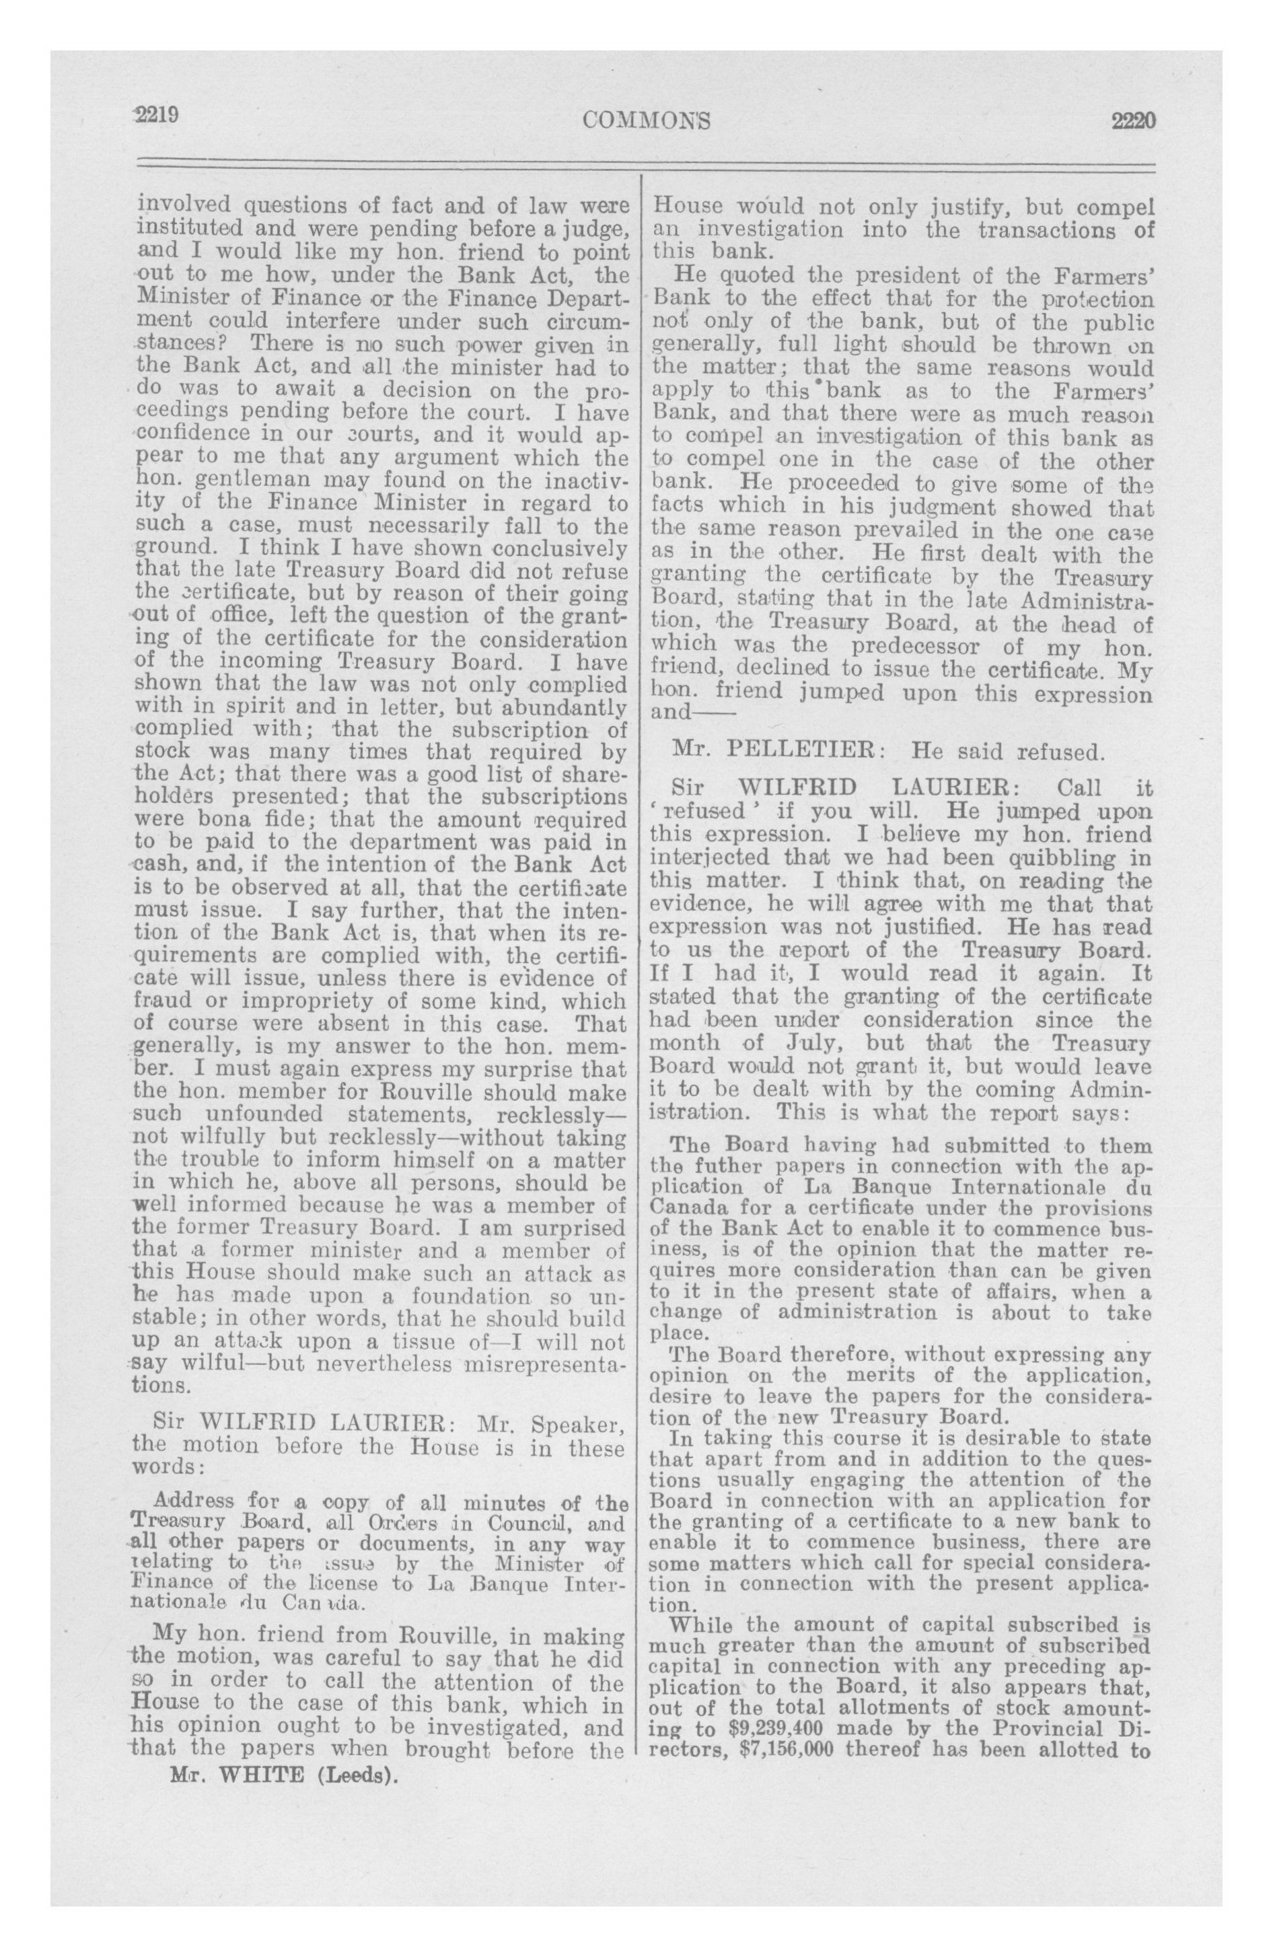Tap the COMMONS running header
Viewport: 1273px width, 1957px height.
[647, 121]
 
